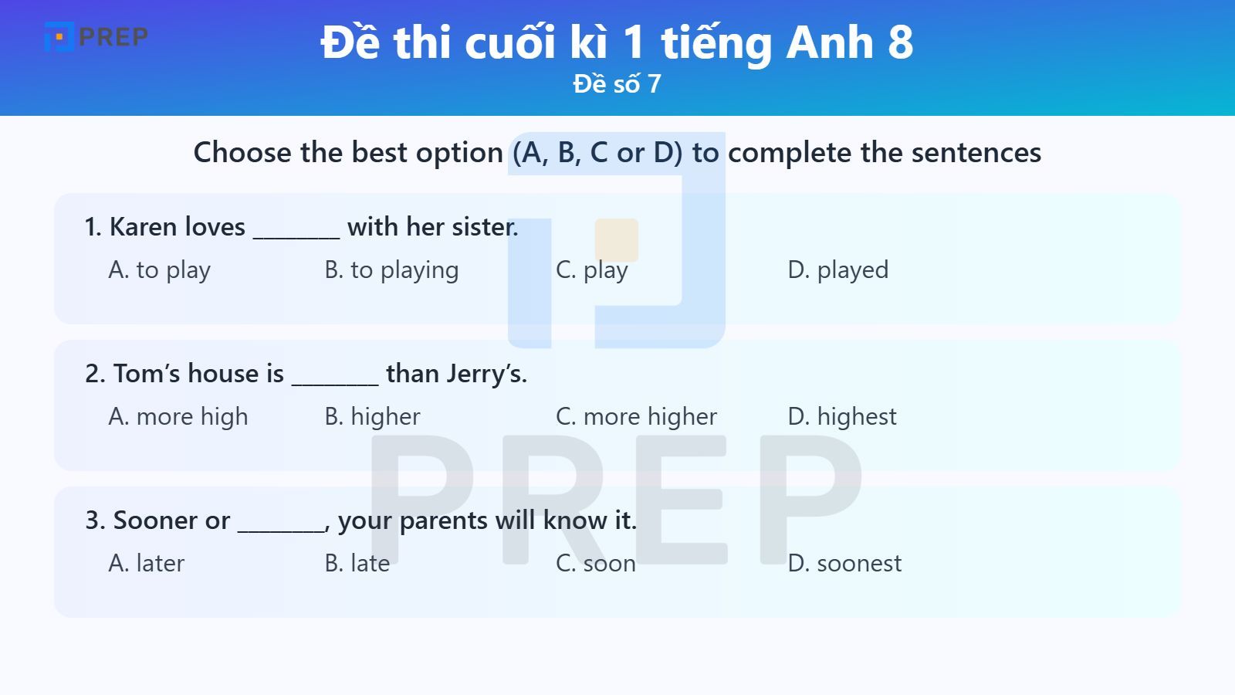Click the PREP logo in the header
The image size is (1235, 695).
96,36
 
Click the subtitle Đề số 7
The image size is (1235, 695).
617,83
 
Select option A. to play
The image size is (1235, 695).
160,270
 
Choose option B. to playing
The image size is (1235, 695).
391,270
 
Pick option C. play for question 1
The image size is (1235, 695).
592,270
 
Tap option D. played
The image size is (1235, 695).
838,270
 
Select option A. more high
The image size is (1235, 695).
178,416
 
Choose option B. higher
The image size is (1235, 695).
373,416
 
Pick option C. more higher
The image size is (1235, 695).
636,416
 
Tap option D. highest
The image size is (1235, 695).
842,416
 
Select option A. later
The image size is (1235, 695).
147,563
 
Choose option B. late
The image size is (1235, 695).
357,563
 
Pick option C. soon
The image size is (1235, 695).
596,563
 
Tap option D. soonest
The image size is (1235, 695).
844,563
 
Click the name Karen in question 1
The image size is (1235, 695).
138,226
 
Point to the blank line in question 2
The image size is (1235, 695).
335,378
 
